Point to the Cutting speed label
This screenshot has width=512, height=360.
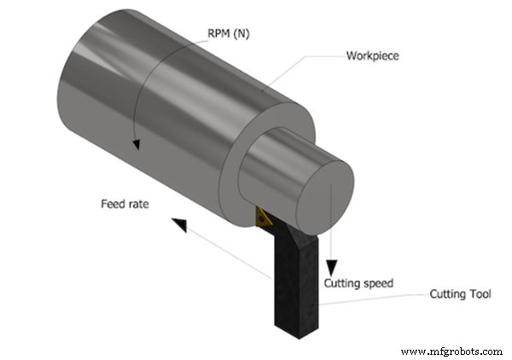pyautogui.click(x=358, y=282)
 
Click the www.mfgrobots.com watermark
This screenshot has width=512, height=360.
pyautogui.click(x=451, y=351)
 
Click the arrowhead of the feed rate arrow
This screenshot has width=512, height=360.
pyautogui.click(x=177, y=224)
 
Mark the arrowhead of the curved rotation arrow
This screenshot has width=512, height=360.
pyautogui.click(x=135, y=148)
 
